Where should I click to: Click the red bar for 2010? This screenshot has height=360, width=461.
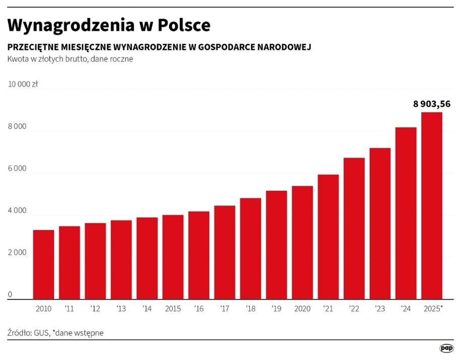43,264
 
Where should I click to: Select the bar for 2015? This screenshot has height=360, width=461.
173,257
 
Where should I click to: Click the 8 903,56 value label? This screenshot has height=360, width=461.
431,104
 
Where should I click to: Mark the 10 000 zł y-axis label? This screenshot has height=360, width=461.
23,85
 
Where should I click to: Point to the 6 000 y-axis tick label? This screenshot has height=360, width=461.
17,169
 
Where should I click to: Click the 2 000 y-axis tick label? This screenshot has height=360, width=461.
17,253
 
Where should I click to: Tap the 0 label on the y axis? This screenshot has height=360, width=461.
10,295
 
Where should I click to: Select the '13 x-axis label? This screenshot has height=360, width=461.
121,308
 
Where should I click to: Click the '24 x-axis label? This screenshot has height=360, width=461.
406,308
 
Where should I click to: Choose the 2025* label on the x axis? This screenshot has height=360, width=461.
432,308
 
